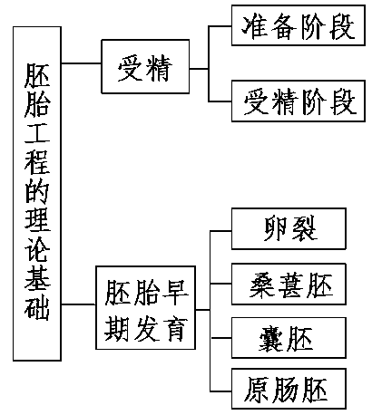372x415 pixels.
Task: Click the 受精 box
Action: pos(145,66)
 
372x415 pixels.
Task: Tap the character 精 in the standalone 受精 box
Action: pos(161,66)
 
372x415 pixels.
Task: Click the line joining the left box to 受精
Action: pos(80,65)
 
